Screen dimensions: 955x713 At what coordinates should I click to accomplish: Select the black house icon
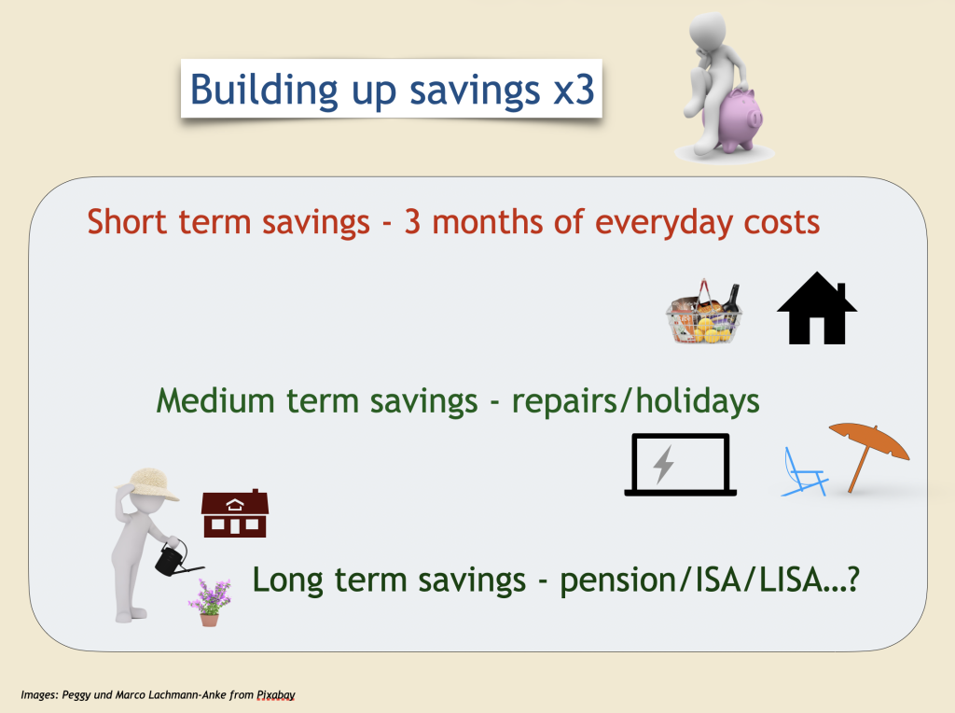(817, 308)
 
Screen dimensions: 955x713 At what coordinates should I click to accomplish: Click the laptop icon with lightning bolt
(680, 465)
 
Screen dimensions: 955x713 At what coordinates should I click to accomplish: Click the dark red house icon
(235, 513)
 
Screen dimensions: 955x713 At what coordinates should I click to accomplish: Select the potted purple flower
(210, 603)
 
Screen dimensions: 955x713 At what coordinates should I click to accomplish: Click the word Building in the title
(264, 90)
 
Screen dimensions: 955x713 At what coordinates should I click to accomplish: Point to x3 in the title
(574, 90)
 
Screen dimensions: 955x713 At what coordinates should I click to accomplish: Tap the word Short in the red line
(127, 222)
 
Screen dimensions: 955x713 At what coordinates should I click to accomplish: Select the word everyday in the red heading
(663, 223)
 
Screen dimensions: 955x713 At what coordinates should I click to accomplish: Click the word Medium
(215, 401)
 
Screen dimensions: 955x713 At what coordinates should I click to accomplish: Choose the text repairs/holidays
(635, 402)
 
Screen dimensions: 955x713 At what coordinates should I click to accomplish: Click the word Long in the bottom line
(287, 580)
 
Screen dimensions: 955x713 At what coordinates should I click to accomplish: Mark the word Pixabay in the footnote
(276, 694)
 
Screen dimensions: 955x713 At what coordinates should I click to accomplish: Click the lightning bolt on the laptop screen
(664, 465)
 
